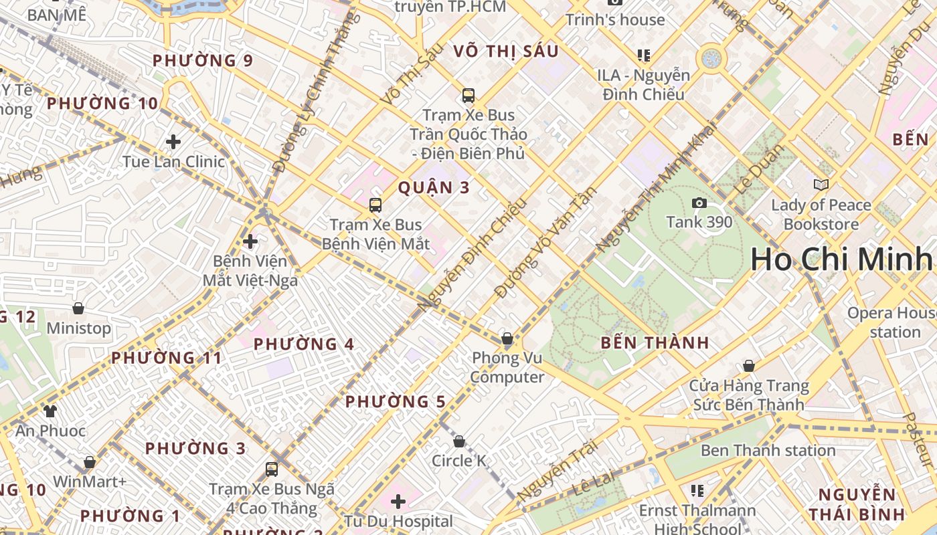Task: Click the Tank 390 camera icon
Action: click(x=699, y=203)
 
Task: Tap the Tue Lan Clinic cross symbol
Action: click(x=173, y=142)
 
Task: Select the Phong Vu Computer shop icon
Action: click(x=507, y=338)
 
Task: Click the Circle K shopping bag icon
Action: click(x=459, y=441)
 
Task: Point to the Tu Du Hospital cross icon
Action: click(x=398, y=501)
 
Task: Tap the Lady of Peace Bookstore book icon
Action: click(x=821, y=185)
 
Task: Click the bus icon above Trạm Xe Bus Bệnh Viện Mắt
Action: click(x=375, y=205)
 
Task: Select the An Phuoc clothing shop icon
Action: click(x=50, y=411)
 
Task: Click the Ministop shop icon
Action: click(x=78, y=308)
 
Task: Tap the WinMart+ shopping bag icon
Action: click(x=89, y=462)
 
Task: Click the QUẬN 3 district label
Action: click(x=434, y=187)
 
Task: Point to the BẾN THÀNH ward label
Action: click(x=655, y=343)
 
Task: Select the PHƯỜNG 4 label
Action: click(x=304, y=344)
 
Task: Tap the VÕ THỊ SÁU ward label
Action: click(x=505, y=51)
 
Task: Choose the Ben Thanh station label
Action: click(x=768, y=450)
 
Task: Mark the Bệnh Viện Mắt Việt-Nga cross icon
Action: click(x=250, y=241)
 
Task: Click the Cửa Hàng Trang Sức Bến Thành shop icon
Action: click(x=749, y=366)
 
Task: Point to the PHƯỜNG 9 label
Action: click(x=203, y=61)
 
